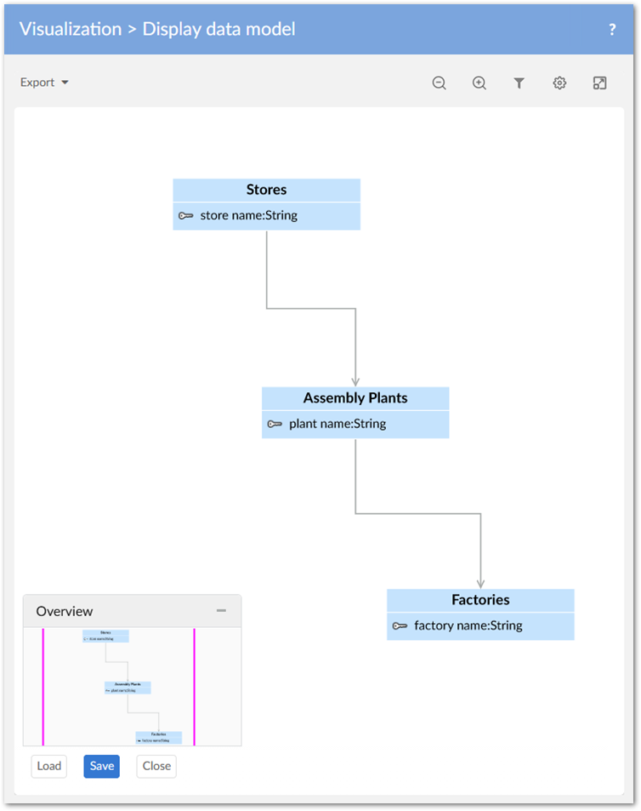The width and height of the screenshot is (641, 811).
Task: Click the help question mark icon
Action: pyautogui.click(x=612, y=29)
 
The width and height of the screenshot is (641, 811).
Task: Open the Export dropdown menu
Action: pyautogui.click(x=44, y=83)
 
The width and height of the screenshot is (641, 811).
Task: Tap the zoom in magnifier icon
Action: pyautogui.click(x=479, y=83)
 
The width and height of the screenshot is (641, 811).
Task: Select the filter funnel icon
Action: pyautogui.click(x=519, y=83)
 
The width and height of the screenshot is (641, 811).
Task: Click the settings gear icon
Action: pyautogui.click(x=559, y=83)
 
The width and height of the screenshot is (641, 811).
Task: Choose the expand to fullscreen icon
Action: pyautogui.click(x=599, y=83)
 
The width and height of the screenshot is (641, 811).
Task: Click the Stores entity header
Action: pyautogui.click(x=266, y=190)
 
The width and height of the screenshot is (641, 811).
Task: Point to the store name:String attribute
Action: pyautogui.click(x=248, y=215)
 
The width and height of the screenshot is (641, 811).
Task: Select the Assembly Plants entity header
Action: pyautogui.click(x=355, y=398)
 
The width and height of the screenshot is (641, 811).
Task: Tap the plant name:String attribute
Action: pyautogui.click(x=337, y=424)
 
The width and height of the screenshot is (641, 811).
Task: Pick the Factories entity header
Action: pyautogui.click(x=480, y=600)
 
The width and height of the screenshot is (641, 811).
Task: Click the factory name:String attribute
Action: pyautogui.click(x=468, y=625)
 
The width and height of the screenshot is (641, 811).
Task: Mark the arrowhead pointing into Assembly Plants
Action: pyautogui.click(x=355, y=382)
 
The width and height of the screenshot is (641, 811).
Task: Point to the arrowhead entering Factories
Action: pyautogui.click(x=480, y=584)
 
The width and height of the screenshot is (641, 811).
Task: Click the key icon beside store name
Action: pyautogui.click(x=186, y=216)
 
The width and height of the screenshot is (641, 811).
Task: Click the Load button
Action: pyautogui.click(x=48, y=766)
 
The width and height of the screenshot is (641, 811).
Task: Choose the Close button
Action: pyautogui.click(x=156, y=766)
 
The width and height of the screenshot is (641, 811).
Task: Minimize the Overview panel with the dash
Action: pyautogui.click(x=221, y=610)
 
